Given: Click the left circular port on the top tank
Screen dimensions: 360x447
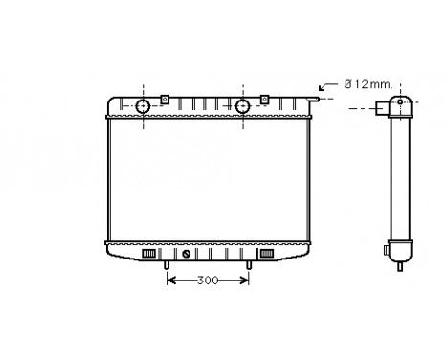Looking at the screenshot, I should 142,105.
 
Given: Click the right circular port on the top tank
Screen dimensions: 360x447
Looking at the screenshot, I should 242,105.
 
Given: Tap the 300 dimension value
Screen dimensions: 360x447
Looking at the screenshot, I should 208,281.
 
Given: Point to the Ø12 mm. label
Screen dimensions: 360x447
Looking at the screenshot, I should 369,85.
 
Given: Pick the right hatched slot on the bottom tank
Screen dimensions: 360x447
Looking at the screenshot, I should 265,255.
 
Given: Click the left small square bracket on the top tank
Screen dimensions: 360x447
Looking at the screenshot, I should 165,99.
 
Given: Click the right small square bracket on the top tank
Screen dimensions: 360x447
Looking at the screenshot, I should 263,99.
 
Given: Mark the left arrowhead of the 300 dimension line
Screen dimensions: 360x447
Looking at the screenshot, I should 171,281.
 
